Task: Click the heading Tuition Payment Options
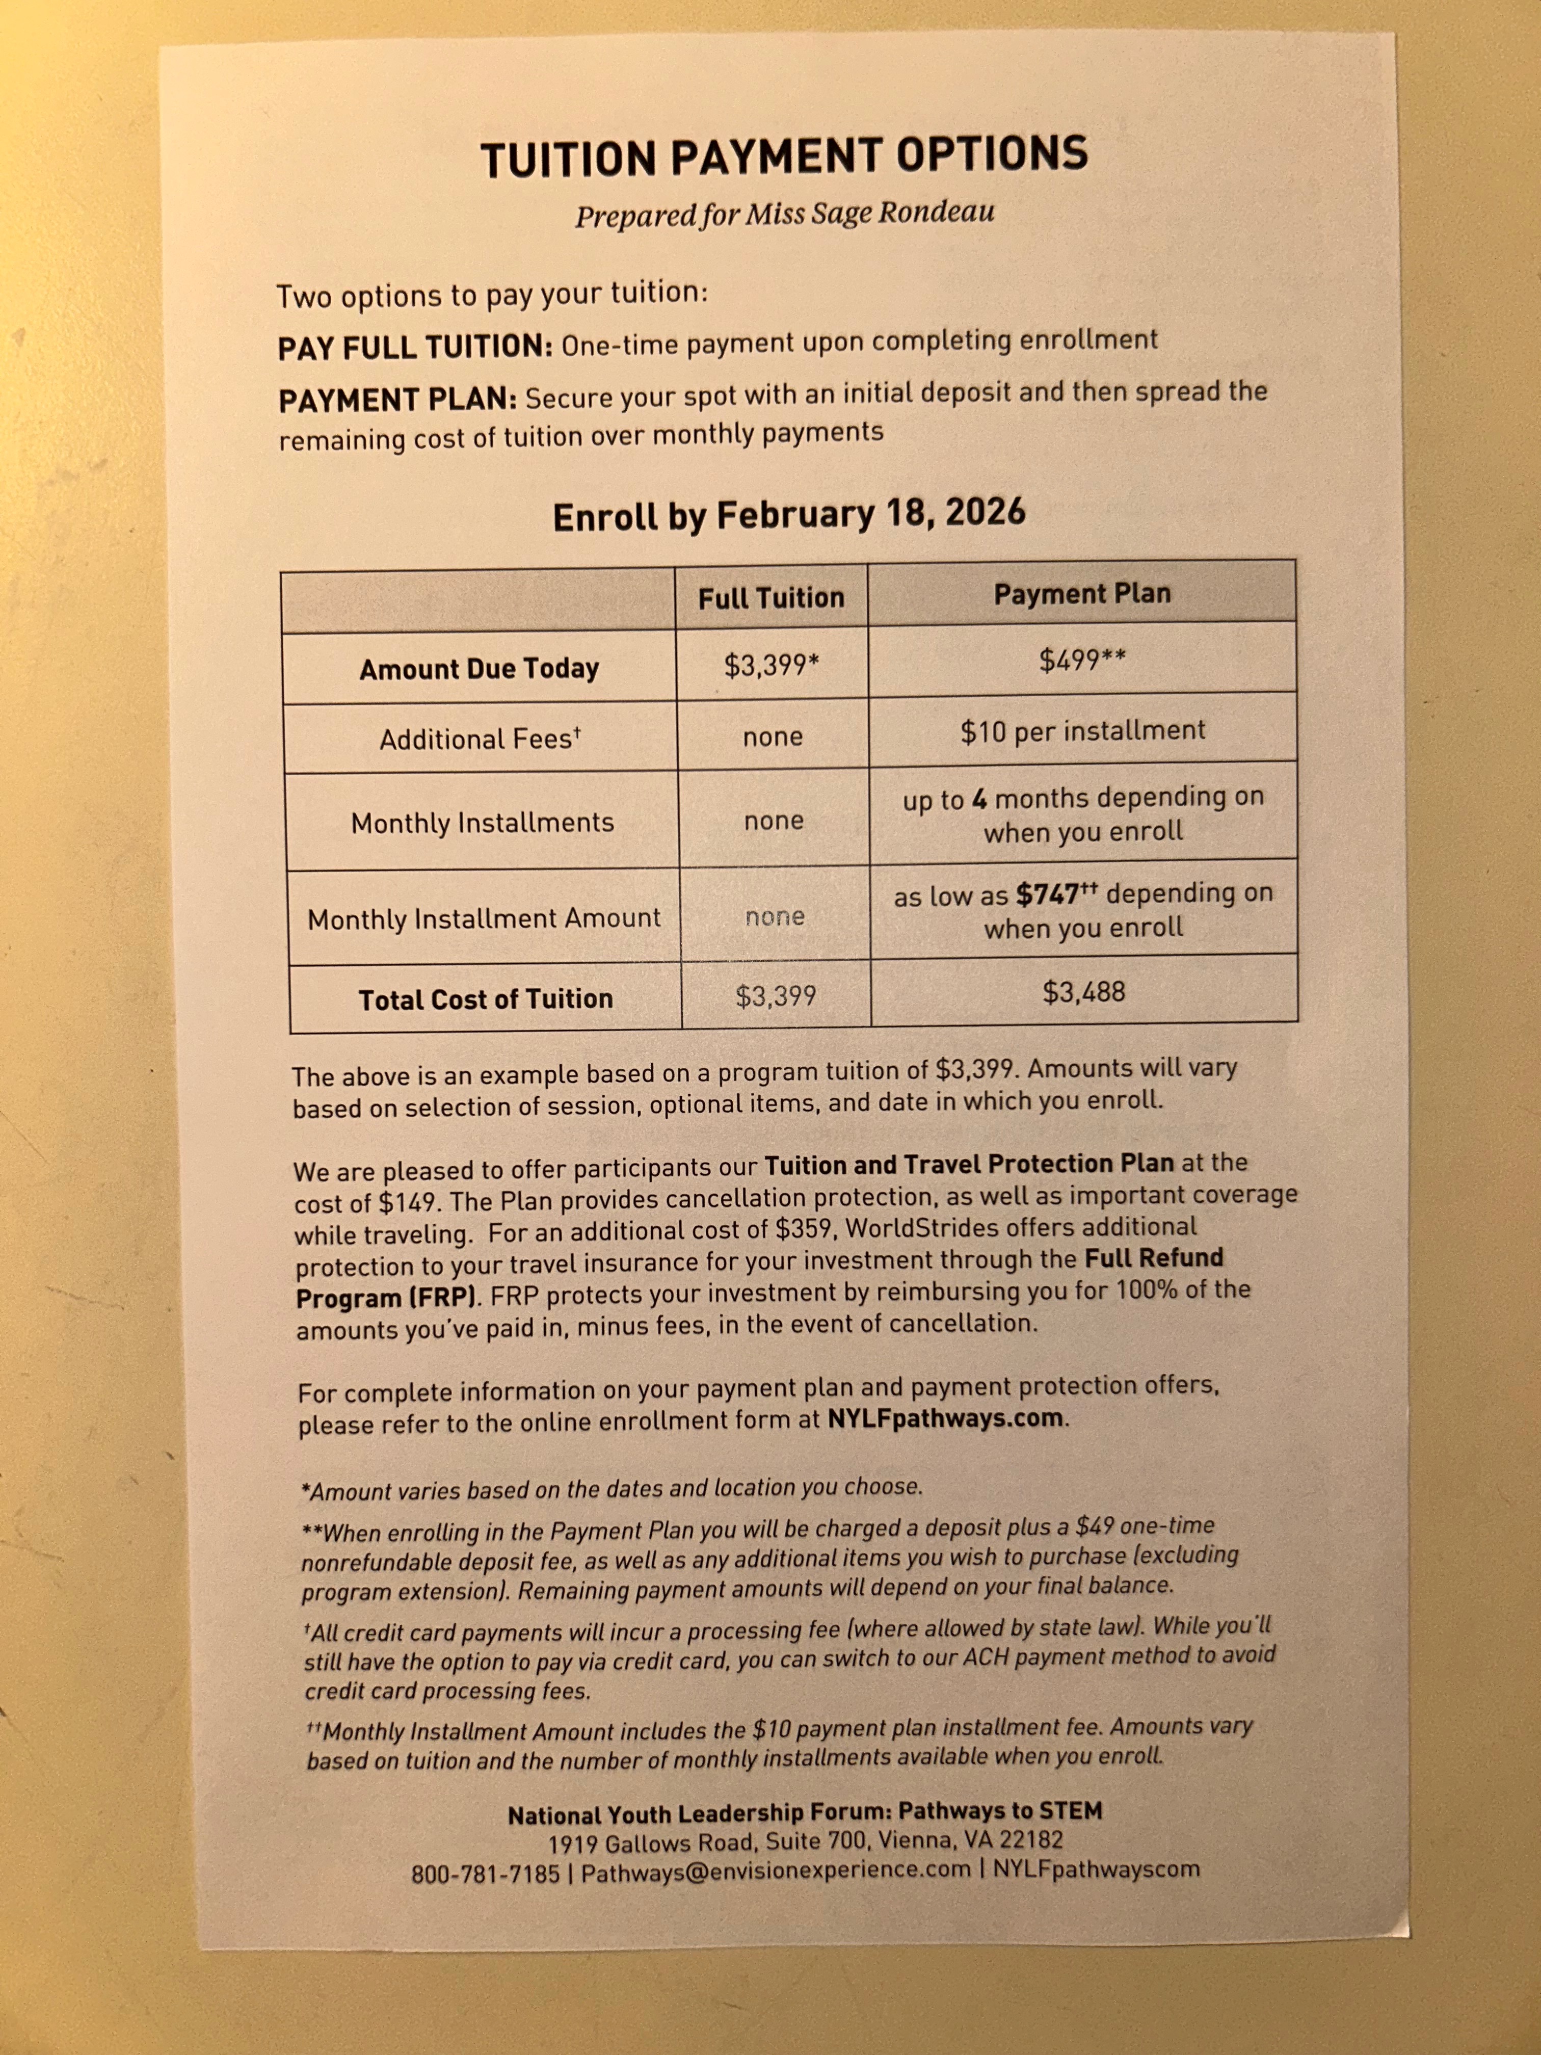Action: [784, 156]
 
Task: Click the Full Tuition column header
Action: [771, 597]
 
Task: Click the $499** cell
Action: [1082, 661]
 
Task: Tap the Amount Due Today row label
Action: [480, 669]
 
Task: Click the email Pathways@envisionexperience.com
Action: [776, 1870]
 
